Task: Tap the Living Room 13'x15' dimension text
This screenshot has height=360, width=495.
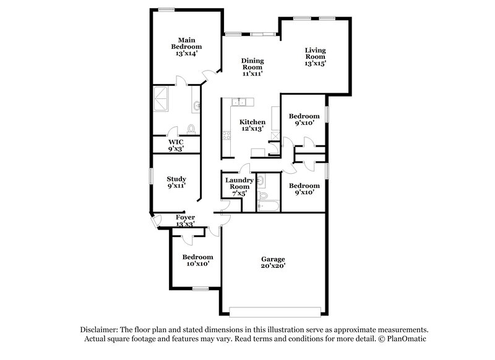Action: pyautogui.click(x=314, y=62)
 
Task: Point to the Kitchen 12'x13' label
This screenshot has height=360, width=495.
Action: pyautogui.click(x=252, y=126)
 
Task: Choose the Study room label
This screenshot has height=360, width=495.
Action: pyautogui.click(x=176, y=182)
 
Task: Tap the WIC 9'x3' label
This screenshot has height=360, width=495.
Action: pyautogui.click(x=176, y=145)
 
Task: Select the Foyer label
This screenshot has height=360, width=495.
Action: pyautogui.click(x=185, y=220)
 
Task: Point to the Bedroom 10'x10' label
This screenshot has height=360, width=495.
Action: pyautogui.click(x=197, y=260)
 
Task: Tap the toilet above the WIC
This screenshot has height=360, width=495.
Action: pyautogui.click(x=191, y=129)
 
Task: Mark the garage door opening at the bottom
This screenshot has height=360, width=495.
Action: pyautogui.click(x=276, y=309)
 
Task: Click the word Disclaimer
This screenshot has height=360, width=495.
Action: pyautogui.click(x=98, y=330)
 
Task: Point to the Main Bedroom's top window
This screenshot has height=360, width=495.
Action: pyautogui.click(x=165, y=9)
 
